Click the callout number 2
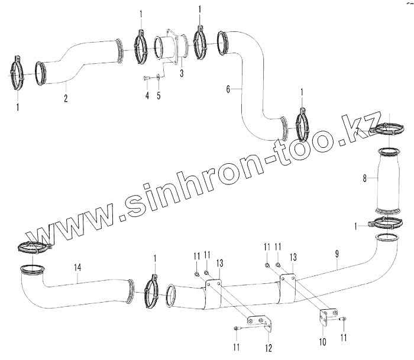pos(66,99)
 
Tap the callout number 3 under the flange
pos(182,73)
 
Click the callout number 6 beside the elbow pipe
pos(228,89)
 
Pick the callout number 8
pos(365,177)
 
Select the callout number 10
pos(324,342)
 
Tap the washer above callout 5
pos(159,77)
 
